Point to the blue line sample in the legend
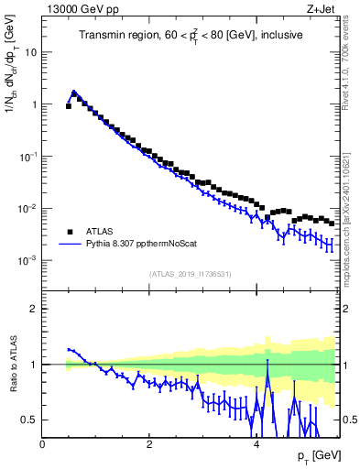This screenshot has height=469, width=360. tap(69, 245)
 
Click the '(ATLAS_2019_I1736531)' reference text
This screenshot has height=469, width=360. tap(190, 274)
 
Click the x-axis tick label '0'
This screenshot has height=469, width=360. tap(42, 443)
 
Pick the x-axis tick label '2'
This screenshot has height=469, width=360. tap(148, 443)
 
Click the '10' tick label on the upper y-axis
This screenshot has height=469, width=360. tap(29, 51)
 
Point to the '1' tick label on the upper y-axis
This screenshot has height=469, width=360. tap(33, 104)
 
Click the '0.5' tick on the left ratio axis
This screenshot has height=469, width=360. tap(27, 420)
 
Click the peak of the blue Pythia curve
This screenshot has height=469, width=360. tap(73, 93)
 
